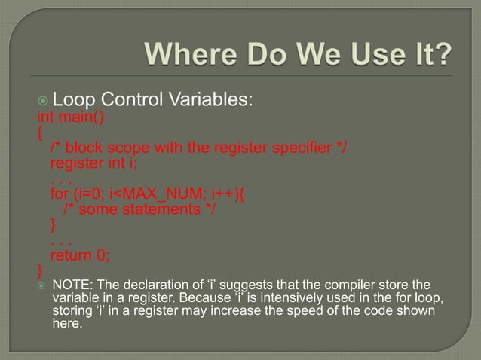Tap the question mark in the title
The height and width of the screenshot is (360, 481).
444,55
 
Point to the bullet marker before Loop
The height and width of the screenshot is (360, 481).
43,100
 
